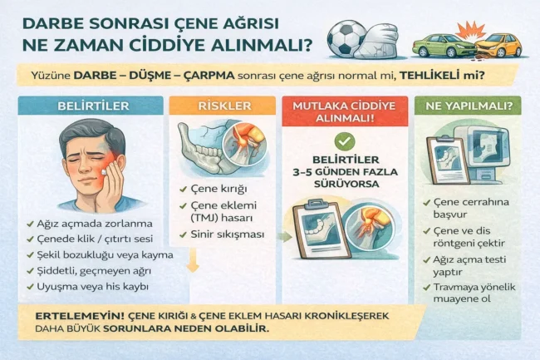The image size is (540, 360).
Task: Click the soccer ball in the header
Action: [345, 38]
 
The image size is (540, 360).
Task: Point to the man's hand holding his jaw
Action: [111, 178]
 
